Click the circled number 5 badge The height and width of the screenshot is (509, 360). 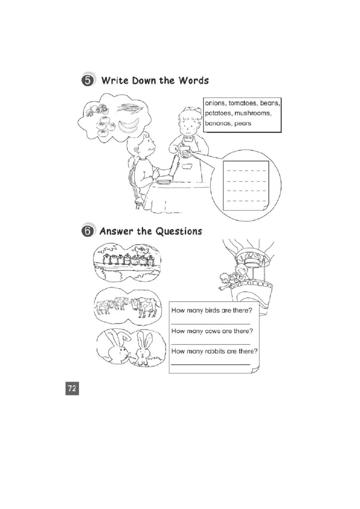coord(88,80)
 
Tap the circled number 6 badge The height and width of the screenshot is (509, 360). coord(88,231)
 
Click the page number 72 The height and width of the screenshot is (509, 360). coord(72,388)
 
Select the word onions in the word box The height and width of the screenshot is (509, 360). coord(215,103)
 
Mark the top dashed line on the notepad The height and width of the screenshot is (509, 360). coord(246,170)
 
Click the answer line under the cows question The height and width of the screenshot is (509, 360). coord(211,344)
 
